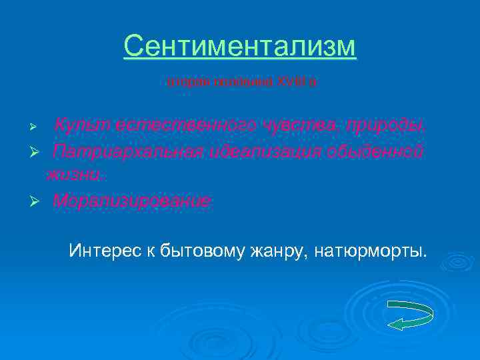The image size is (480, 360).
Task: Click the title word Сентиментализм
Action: click(240, 47)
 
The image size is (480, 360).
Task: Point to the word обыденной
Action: click(378, 151)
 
